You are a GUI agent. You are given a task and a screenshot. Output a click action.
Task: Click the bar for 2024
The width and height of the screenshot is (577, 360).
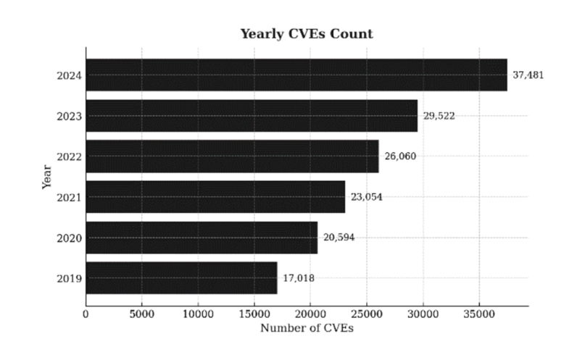(296, 75)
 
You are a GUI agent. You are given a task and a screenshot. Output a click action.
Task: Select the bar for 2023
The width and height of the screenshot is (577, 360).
(252, 116)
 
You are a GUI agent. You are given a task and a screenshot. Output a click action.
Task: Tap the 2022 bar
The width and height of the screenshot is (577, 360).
(232, 156)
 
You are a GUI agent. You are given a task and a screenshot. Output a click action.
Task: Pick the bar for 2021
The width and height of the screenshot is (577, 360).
(215, 197)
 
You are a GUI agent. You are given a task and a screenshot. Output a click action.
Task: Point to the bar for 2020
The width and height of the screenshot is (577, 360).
(202, 238)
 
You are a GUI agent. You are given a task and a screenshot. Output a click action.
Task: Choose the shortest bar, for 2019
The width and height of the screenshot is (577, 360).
(181, 278)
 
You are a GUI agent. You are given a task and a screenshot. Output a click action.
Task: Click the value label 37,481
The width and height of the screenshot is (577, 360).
(528, 75)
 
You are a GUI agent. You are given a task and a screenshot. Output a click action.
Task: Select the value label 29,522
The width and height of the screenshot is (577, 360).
(439, 116)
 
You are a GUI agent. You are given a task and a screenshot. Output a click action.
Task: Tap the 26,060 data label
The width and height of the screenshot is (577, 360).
(400, 156)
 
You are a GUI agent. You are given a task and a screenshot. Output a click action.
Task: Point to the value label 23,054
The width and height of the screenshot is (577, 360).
(367, 197)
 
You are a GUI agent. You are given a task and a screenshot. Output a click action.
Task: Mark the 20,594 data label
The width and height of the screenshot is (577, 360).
(339, 238)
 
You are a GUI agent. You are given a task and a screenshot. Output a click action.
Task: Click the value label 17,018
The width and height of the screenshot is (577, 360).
(299, 278)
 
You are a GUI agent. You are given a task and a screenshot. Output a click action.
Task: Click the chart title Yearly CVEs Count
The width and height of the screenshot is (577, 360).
(307, 34)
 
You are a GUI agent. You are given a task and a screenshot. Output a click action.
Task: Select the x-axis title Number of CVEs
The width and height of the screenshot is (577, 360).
(307, 328)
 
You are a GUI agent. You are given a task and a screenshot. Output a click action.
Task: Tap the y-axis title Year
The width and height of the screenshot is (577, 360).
(46, 177)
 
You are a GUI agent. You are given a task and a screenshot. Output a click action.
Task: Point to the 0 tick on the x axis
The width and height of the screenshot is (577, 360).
(86, 314)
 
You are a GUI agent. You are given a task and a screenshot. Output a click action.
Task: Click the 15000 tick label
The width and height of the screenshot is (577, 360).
(254, 314)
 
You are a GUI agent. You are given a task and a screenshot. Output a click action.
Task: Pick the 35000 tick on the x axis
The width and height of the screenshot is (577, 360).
(479, 314)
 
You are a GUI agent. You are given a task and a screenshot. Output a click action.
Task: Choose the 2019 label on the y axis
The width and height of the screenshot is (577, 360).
(69, 279)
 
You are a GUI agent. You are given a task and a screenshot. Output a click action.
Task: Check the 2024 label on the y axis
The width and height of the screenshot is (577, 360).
(69, 76)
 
